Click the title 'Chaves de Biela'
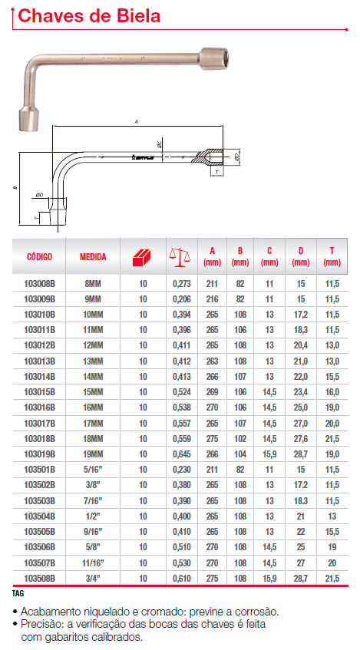[89, 16]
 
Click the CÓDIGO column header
[39, 256]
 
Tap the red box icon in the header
[143, 257]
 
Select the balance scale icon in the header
[180, 257]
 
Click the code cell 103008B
[39, 284]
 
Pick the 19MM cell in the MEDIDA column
[93, 454]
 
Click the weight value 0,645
[182, 454]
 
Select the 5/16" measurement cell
[93, 470]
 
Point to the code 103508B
[39, 579]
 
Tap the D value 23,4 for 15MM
[301, 392]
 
